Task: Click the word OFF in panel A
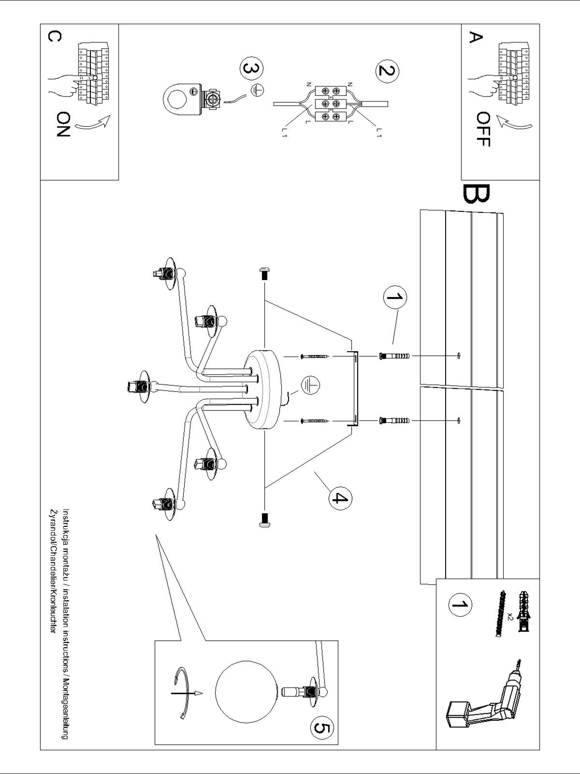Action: [x=483, y=129]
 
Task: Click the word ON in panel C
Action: [x=63, y=124]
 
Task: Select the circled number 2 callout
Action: [x=387, y=71]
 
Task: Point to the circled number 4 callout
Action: [x=340, y=498]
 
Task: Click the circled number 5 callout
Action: [x=321, y=729]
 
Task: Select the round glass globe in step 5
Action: [x=245, y=692]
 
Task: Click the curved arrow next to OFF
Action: [x=514, y=123]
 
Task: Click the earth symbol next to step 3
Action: [x=257, y=91]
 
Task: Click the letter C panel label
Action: [x=55, y=37]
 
